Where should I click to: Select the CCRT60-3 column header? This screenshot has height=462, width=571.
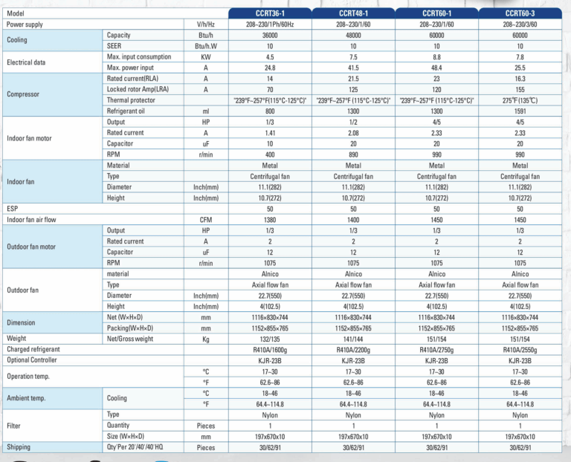(x=520, y=13)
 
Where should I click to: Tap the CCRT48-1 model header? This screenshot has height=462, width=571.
(x=353, y=13)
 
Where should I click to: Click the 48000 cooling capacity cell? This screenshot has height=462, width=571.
(x=353, y=35)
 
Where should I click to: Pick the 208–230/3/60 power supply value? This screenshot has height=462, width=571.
(x=520, y=24)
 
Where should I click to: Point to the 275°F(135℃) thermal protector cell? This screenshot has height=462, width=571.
(x=520, y=100)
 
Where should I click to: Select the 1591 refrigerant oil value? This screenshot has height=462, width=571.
(x=520, y=111)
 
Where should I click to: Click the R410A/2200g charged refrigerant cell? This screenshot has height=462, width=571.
(x=353, y=349)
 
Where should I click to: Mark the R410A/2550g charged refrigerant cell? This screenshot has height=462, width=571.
(x=520, y=349)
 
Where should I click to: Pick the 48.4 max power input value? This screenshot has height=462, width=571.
(x=437, y=68)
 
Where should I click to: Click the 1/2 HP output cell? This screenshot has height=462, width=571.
(x=353, y=122)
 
